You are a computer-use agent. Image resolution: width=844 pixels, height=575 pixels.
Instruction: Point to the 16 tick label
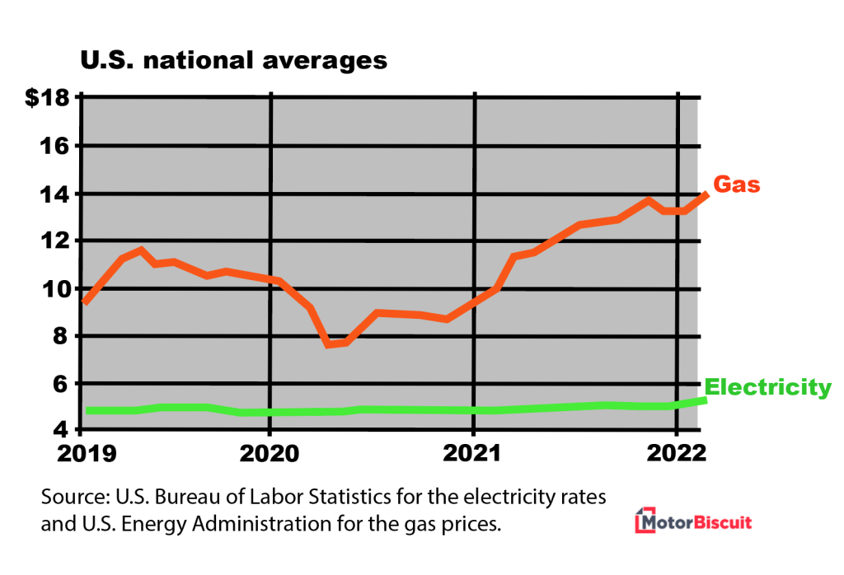click(54, 146)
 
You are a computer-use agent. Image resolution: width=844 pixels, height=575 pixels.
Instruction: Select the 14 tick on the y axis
click(54, 194)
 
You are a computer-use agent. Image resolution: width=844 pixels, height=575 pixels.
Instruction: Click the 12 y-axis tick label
click(54, 241)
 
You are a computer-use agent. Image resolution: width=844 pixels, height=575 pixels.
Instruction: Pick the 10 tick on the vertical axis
click(54, 288)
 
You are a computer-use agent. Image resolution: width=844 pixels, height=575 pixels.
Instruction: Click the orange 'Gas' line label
click(736, 185)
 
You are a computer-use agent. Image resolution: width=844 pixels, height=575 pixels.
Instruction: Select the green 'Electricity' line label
click(767, 386)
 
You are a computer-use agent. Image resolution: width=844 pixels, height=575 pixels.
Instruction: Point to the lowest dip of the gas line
click(328, 344)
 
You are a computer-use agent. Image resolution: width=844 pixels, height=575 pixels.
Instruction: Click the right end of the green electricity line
click(705, 400)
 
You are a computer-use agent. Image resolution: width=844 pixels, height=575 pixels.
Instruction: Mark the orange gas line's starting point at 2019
click(85, 302)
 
